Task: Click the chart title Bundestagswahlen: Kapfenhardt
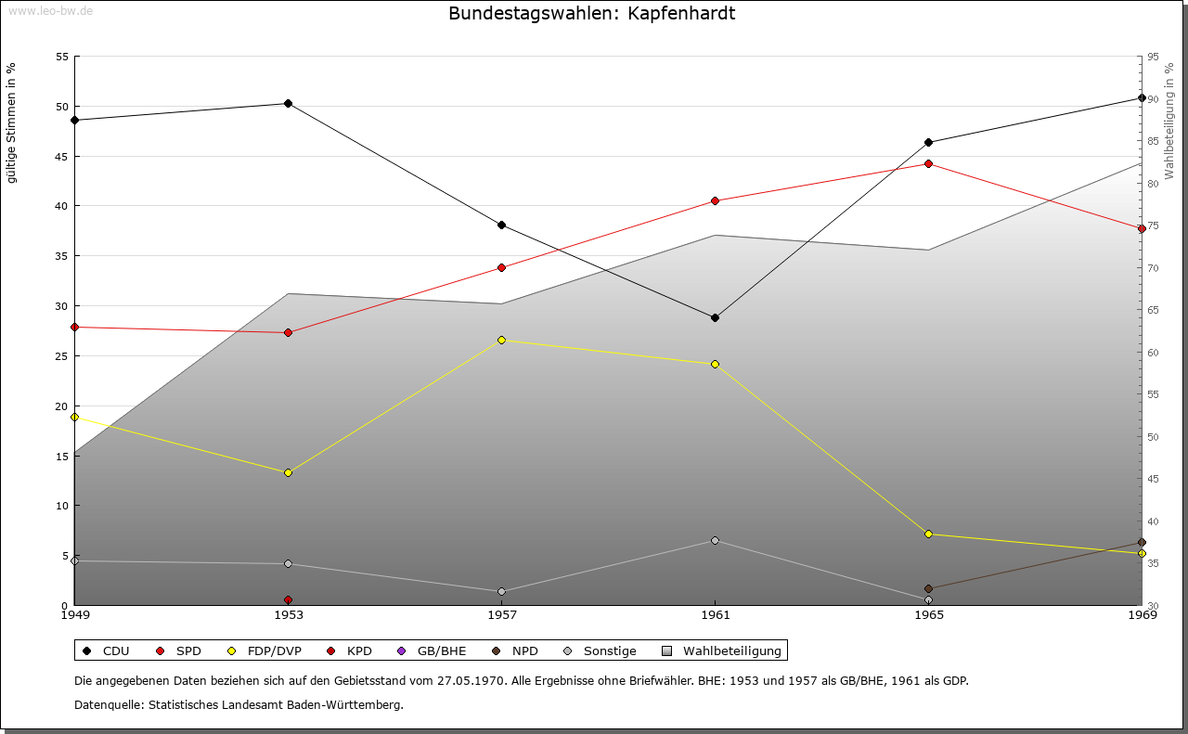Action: [x=591, y=14]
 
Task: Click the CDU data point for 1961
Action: [x=715, y=317]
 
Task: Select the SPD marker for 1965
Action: [x=928, y=164]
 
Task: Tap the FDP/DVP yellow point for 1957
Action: [x=501, y=340]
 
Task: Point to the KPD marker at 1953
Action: [x=288, y=599]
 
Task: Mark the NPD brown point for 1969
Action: [x=1142, y=543]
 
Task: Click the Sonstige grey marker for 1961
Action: [x=715, y=540]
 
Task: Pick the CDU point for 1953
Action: [x=288, y=103]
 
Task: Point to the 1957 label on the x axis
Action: [x=502, y=614]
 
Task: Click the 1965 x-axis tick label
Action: [x=929, y=614]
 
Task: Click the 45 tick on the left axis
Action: [x=62, y=156]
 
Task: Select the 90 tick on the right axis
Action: [x=1153, y=99]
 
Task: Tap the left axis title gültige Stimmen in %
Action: [x=12, y=122]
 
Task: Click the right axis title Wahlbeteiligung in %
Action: [x=1169, y=122]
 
